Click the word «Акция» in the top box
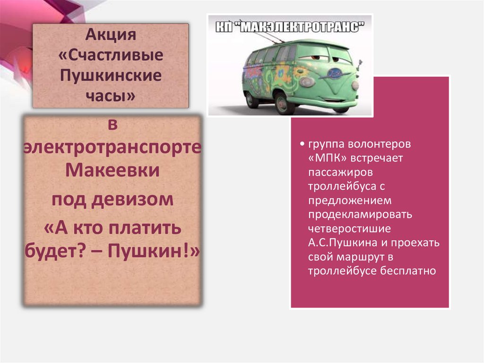[111, 35]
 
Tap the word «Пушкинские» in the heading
[111, 75]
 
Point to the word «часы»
[108, 96]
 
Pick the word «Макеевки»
[112, 170]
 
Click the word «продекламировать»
[361, 214]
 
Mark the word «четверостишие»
[349, 229]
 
